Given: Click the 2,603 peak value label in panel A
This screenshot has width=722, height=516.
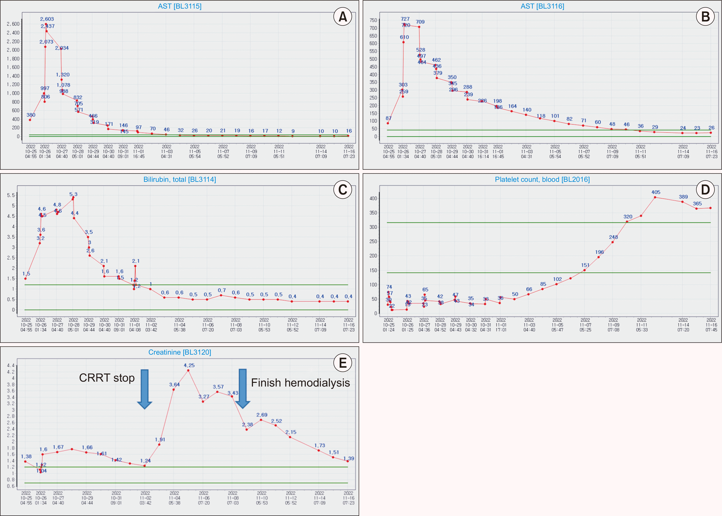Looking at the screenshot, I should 47,19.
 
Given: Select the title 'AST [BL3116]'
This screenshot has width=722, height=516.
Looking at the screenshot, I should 542,6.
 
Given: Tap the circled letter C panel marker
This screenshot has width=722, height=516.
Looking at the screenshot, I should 342,190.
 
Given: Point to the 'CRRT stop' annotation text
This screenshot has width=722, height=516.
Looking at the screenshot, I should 107,378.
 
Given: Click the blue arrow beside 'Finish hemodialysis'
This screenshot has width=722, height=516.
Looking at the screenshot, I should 243,388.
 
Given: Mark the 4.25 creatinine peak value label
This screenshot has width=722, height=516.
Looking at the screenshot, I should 189,365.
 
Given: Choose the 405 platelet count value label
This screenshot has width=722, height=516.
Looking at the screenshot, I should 655,192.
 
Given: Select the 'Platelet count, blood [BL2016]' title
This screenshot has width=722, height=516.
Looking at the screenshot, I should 542,180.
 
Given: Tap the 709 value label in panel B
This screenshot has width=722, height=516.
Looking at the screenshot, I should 420,22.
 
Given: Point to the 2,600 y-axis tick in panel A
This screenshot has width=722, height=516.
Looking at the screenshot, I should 13,24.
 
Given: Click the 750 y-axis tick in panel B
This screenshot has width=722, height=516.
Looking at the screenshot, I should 373,20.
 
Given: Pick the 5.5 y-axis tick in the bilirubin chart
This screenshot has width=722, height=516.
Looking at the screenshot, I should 11,195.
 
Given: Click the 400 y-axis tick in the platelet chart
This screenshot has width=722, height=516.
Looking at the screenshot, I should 373,198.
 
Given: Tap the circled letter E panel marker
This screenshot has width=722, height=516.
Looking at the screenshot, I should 342,363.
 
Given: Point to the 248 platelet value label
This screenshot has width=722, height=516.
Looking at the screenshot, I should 613,237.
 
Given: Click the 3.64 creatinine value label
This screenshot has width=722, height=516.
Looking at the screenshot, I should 174,384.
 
